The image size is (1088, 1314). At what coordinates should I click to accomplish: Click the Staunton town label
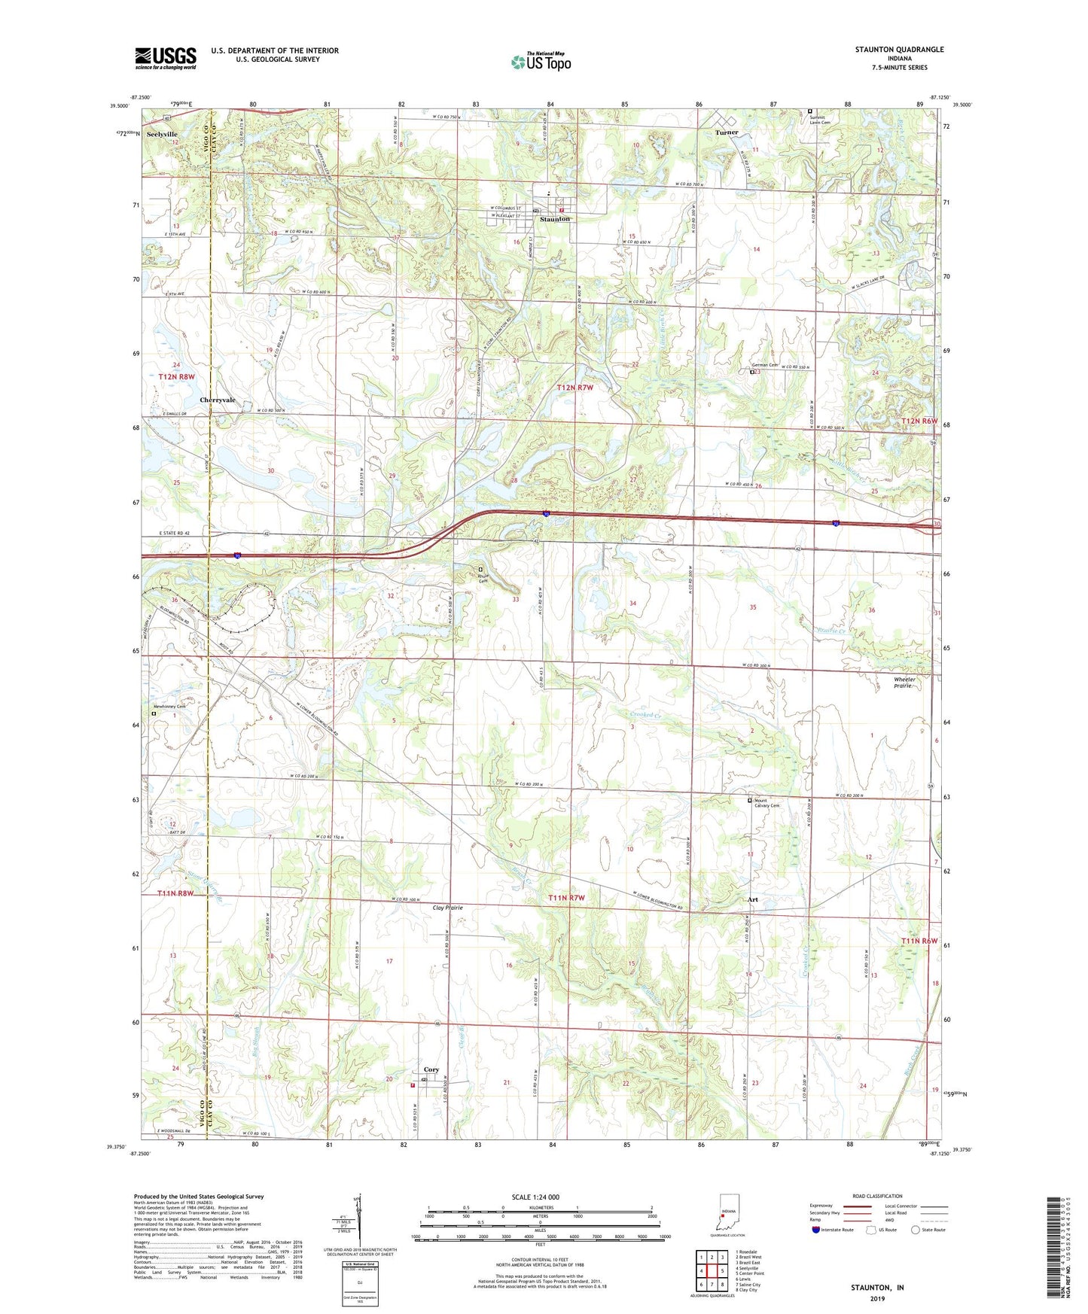(555, 219)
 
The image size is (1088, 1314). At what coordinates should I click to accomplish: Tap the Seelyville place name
(162, 133)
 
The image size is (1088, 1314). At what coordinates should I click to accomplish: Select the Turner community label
(727, 132)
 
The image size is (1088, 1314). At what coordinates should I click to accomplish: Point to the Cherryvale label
(218, 400)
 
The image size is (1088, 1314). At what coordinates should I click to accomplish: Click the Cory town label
(431, 1069)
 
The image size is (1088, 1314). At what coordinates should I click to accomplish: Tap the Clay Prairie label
(447, 908)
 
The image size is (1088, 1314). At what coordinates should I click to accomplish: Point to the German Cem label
(764, 365)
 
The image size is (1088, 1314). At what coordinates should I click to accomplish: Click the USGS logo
(166, 57)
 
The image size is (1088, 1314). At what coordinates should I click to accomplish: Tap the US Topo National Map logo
(541, 62)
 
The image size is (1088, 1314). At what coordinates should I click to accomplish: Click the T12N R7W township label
(574, 388)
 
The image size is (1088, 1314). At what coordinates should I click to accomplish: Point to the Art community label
(751, 899)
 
